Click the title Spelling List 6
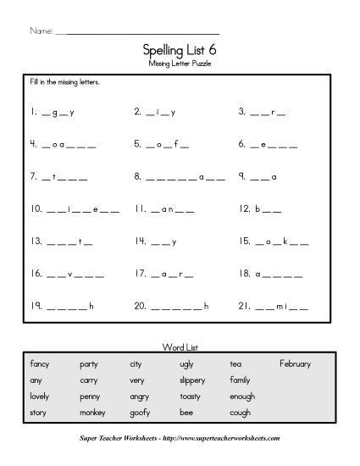pos(179,51)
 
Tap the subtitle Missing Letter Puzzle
pos(179,64)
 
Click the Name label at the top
pos(40,31)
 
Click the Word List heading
pos(179,347)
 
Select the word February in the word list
pos(295,363)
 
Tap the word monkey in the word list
pos(91,412)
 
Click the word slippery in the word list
pos(191,380)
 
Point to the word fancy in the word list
pos(40,363)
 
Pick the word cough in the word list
pos(240,412)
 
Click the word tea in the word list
pos(235,363)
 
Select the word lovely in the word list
pos(41,396)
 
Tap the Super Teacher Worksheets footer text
pos(180,438)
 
